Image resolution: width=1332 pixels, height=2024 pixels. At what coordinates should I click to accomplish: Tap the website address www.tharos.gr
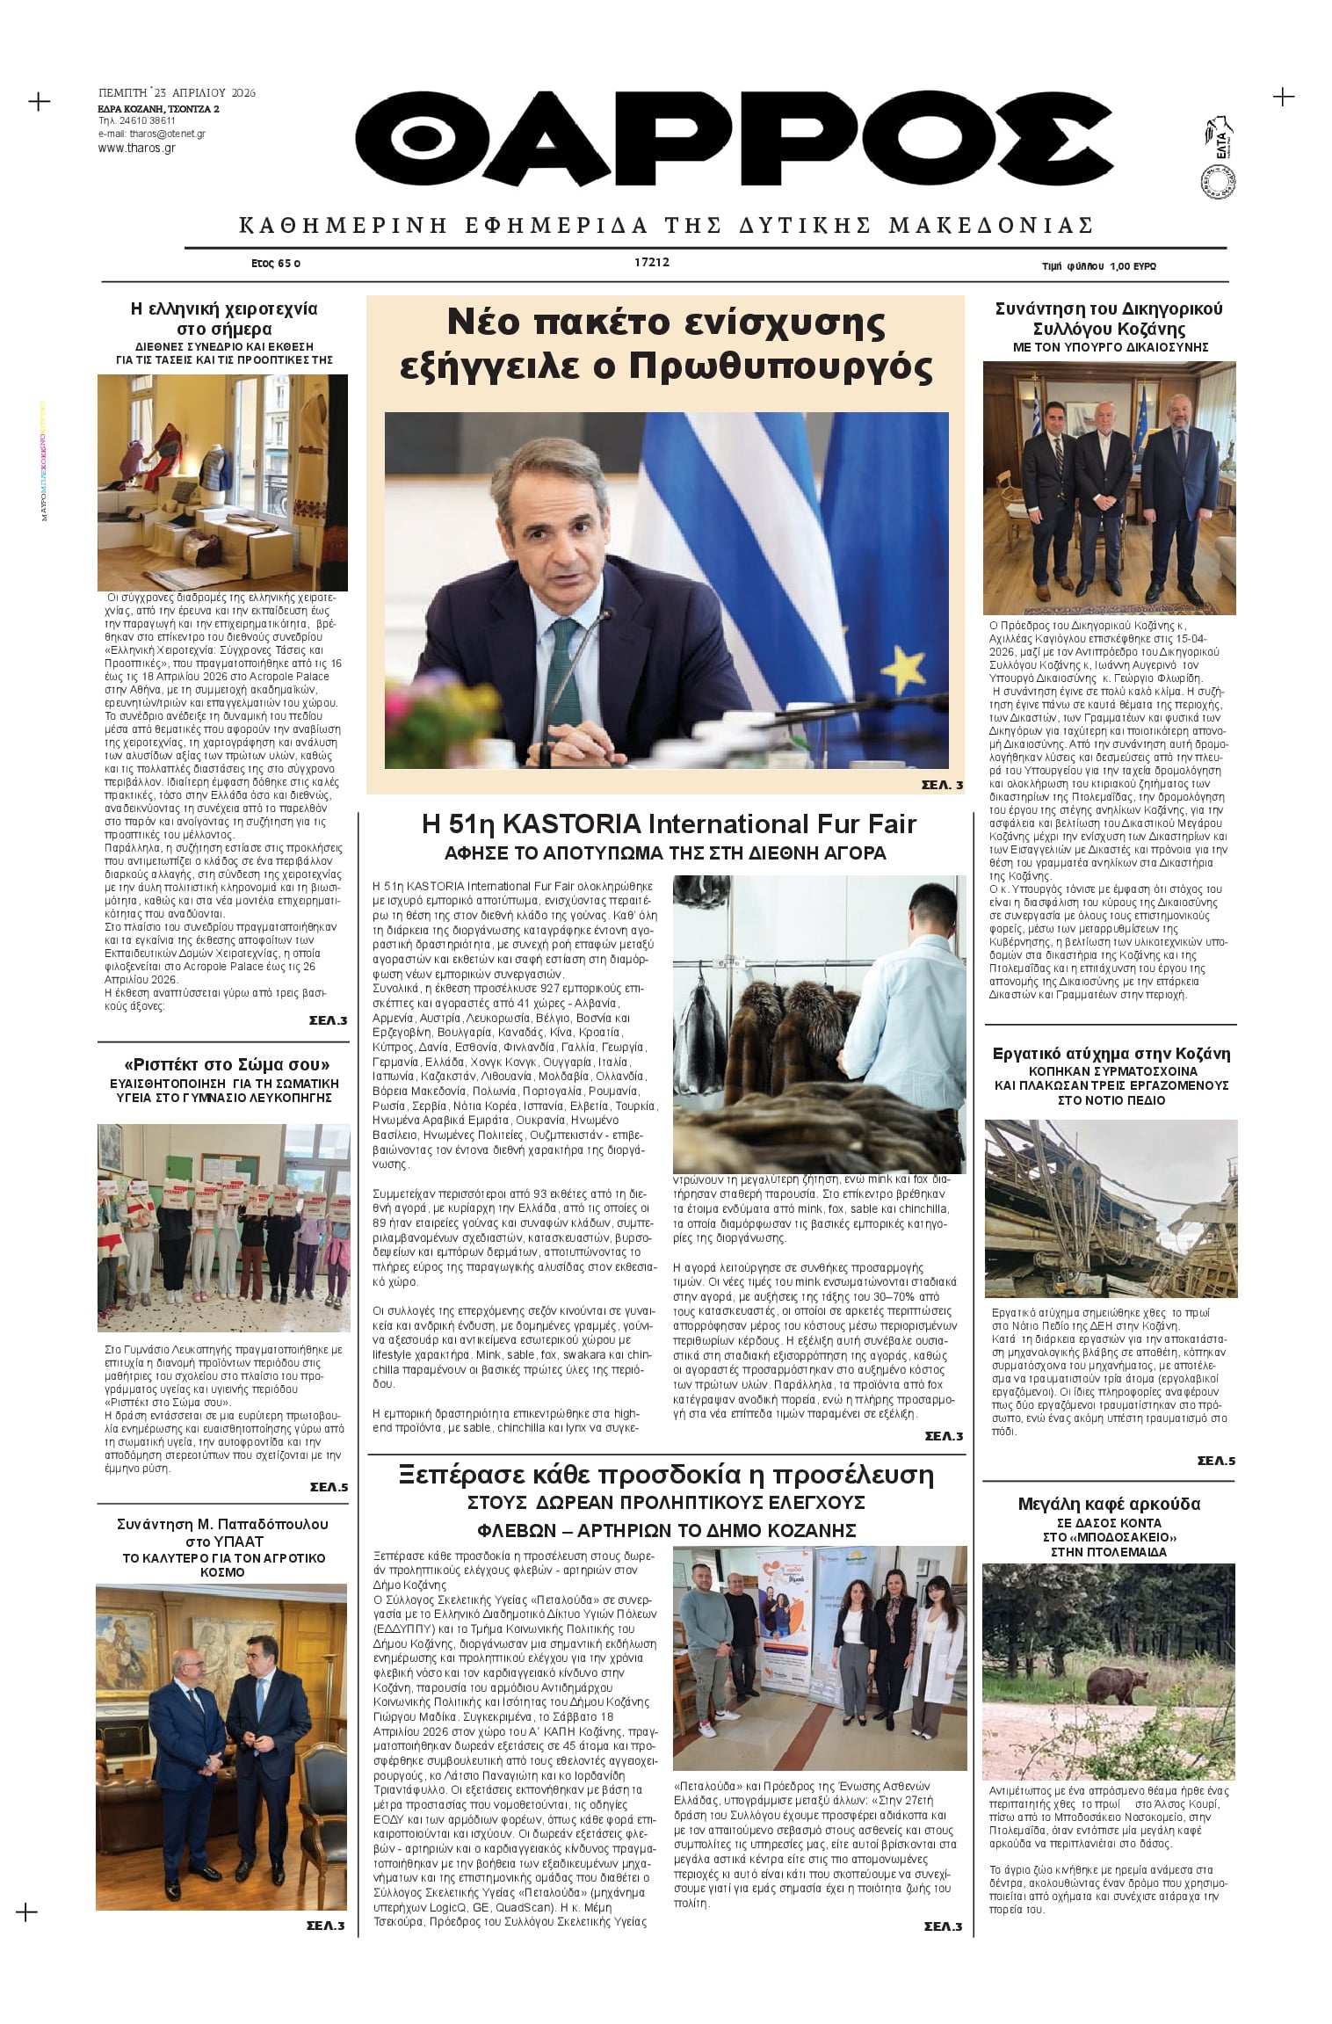point(136,148)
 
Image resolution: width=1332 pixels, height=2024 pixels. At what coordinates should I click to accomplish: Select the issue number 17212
point(651,262)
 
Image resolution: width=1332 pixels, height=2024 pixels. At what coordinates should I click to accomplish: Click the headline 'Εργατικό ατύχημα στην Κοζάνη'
point(1111,1054)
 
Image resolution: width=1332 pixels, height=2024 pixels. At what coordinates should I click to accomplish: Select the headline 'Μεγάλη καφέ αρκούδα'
point(1109,1504)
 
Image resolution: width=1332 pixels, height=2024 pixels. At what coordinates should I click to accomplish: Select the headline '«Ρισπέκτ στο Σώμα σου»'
point(227,1065)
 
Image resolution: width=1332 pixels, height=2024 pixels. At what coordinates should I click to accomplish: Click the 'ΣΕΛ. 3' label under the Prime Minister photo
point(942,785)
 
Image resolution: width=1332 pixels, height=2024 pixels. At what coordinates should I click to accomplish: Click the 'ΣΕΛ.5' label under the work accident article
point(1216,1461)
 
